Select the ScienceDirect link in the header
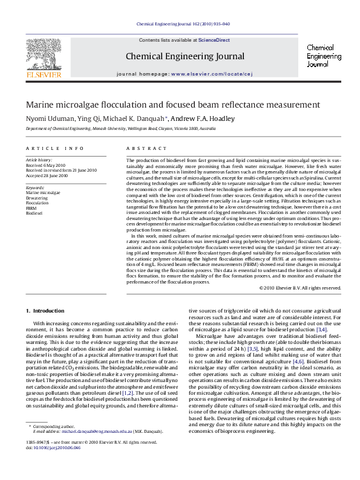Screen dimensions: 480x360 pos(214,40)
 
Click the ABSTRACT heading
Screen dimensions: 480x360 pos(142,148)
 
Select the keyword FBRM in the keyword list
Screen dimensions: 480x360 pos(31,208)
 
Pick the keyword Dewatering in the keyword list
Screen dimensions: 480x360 pos(37,198)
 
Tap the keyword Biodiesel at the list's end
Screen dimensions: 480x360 pos(34,213)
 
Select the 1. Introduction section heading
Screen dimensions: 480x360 pos(45,311)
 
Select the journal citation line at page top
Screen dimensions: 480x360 pos(183,25)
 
